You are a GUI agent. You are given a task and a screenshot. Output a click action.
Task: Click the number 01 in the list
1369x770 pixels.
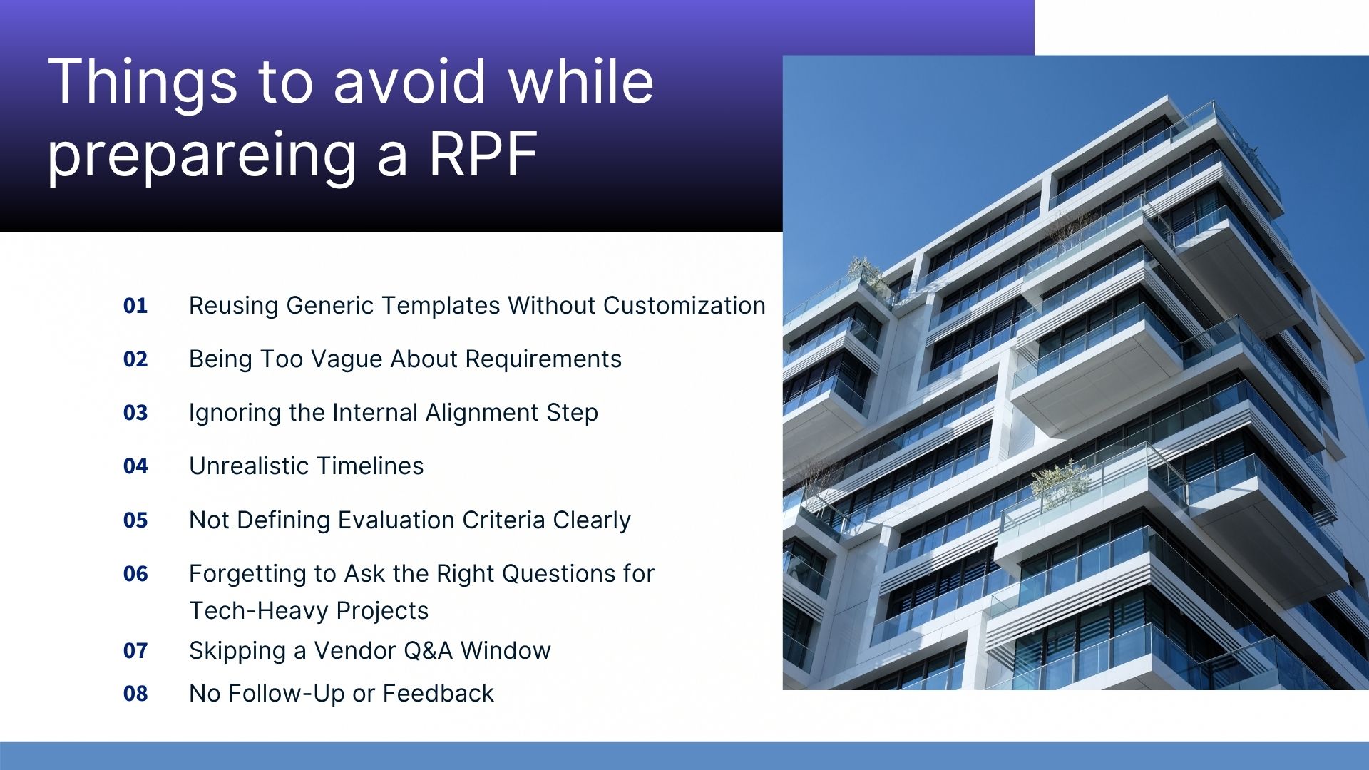click(135, 306)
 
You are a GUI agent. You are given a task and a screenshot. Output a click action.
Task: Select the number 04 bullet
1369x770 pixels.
click(135, 466)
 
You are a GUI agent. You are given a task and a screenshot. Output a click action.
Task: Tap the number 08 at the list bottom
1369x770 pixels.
click(135, 694)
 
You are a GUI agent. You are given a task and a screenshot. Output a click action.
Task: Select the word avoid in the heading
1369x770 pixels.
click(411, 82)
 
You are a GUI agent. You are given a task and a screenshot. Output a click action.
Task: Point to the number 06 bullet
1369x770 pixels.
click(135, 574)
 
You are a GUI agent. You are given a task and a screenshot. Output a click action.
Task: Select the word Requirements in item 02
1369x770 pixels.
click(543, 359)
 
